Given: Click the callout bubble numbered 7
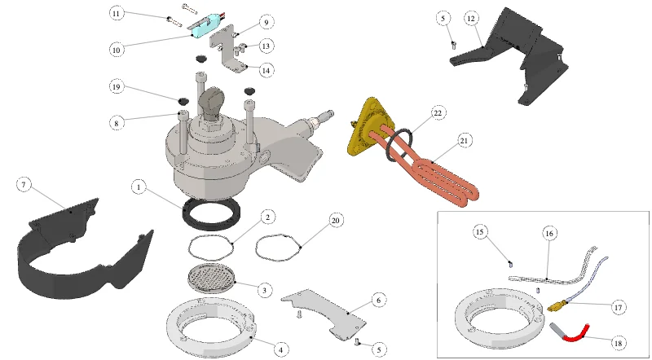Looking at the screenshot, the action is pyautogui.click(x=24, y=185).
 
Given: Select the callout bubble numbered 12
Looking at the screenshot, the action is pyautogui.click(x=471, y=19).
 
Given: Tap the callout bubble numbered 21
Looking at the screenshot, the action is pyautogui.click(x=464, y=141).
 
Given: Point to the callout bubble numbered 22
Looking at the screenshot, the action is pyautogui.click(x=438, y=112).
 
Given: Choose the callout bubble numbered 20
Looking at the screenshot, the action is pyautogui.click(x=336, y=221).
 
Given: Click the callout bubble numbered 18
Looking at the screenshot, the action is pyautogui.click(x=618, y=343).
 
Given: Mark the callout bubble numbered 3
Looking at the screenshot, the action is pyautogui.click(x=264, y=290).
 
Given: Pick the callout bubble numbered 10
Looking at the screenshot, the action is pyautogui.click(x=117, y=50).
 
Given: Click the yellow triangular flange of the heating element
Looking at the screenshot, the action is pyautogui.click(x=369, y=127).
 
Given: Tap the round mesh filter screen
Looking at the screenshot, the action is pyautogui.click(x=212, y=278).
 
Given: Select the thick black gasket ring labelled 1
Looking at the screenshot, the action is pyautogui.click(x=212, y=213).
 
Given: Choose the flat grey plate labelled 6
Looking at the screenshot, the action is pyautogui.click(x=324, y=313).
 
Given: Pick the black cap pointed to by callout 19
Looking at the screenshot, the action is pyautogui.click(x=183, y=100).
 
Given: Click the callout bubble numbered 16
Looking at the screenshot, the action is pyautogui.click(x=549, y=234).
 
